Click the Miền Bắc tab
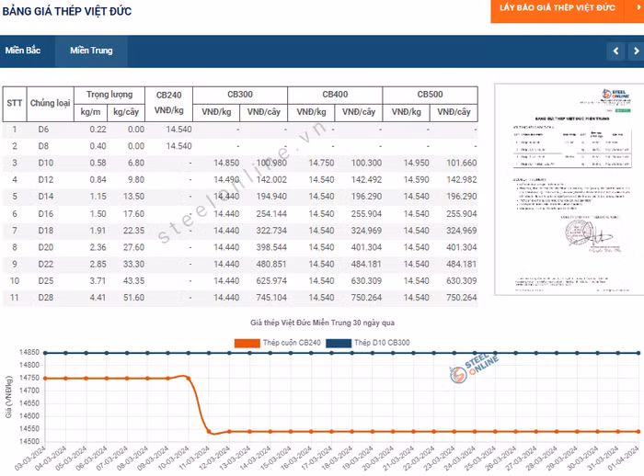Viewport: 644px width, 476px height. coord(23,51)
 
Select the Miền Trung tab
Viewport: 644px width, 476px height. coord(91,51)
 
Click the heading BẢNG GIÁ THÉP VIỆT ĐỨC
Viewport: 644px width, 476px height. coord(66,11)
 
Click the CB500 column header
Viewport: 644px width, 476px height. coord(430,95)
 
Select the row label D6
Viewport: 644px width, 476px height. coord(43,130)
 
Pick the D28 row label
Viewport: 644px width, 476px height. coord(45,297)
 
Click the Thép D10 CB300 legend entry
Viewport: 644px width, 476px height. coord(362,343)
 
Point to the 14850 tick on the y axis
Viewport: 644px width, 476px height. coord(27,353)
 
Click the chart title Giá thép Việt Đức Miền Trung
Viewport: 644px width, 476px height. coord(322,323)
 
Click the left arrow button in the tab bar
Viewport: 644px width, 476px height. coord(615,51)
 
